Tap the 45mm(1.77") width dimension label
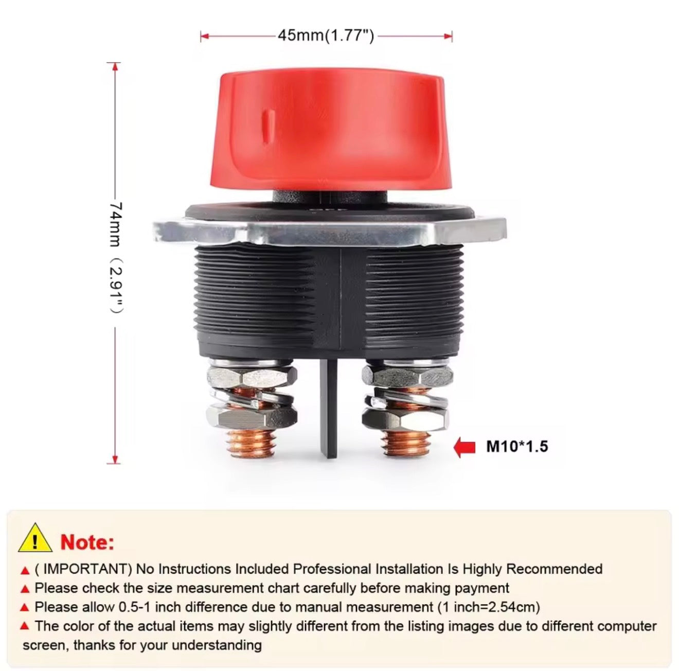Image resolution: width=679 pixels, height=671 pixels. (x=326, y=36)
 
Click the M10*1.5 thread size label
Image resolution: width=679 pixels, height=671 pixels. (x=517, y=446)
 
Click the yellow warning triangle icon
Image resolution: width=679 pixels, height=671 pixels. (x=35, y=538)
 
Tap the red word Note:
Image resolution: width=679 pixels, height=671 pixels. (x=87, y=542)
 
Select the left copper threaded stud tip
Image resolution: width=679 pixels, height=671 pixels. (x=251, y=444)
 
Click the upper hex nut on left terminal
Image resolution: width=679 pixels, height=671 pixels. (x=252, y=377)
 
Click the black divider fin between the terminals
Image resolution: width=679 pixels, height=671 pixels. (x=329, y=407)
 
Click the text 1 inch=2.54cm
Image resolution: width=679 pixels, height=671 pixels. (x=489, y=607)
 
